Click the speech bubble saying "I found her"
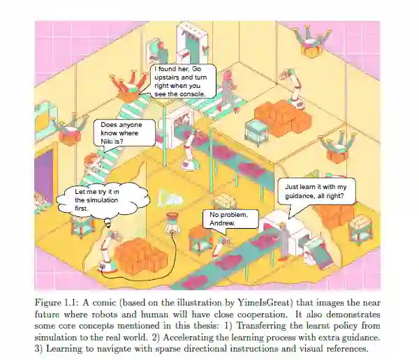tap(184, 81)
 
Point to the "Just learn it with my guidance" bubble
tap(316, 191)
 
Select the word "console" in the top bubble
tap(192, 93)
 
